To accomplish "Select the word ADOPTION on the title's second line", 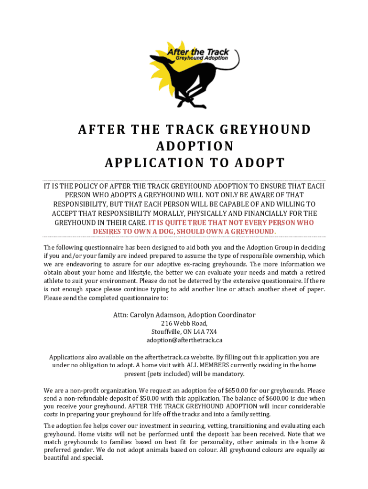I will tap(184, 146).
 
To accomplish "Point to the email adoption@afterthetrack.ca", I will tap(184, 340).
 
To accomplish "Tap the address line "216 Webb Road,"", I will tap(184, 323).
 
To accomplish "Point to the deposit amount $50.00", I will tap(149, 398).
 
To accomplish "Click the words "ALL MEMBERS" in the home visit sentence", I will tap(203, 365).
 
